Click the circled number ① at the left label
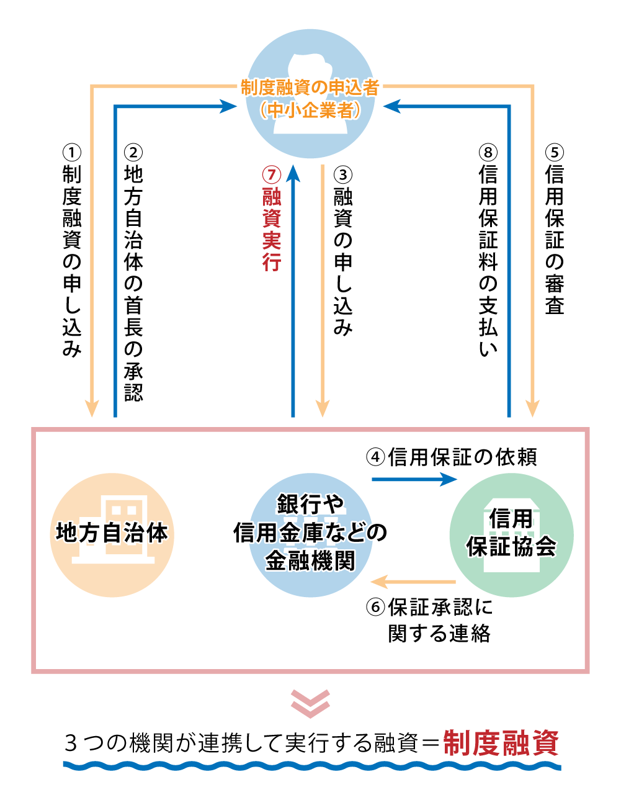pyautogui.click(x=72, y=152)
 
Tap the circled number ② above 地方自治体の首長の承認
pyautogui.click(x=133, y=152)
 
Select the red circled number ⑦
pyautogui.click(x=271, y=174)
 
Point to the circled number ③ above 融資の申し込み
pyautogui.click(x=343, y=174)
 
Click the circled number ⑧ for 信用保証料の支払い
pyautogui.click(x=488, y=152)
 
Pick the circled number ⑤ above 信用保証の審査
pyautogui.click(x=555, y=152)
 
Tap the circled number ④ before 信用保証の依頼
pyautogui.click(x=375, y=457)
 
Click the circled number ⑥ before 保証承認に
pyautogui.click(x=375, y=606)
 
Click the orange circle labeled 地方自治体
pyautogui.click(x=112, y=534)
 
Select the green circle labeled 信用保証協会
pyautogui.click(x=511, y=534)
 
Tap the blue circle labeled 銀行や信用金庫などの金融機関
pyautogui.click(x=310, y=534)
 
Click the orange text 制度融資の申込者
pyautogui.click(x=310, y=88)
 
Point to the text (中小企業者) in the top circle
pyautogui.click(x=310, y=110)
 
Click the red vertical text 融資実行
pyautogui.click(x=271, y=230)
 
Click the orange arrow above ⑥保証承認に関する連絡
pyautogui.click(x=413, y=582)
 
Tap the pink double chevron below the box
pyautogui.click(x=310, y=703)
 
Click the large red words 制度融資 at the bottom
pyautogui.click(x=501, y=743)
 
